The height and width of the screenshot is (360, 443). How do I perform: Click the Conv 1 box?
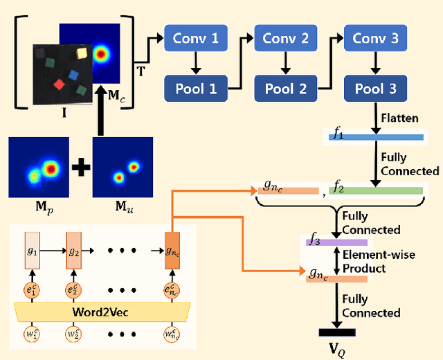[195, 39]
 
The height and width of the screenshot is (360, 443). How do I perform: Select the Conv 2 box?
[285, 39]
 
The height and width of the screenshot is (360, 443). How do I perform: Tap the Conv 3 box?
[375, 39]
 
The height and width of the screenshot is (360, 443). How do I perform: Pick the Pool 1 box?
[195, 89]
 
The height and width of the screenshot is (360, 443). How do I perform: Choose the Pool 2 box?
[285, 89]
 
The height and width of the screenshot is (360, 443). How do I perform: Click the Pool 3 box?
[375, 89]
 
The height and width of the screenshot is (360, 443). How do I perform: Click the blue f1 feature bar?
[375, 136]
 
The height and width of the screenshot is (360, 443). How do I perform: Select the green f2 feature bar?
[375, 190]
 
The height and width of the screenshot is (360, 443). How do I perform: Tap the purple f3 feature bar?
[336, 242]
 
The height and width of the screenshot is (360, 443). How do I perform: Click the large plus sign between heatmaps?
[82, 168]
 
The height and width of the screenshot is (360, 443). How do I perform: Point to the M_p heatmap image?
[39, 168]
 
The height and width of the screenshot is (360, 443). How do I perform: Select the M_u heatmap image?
[123, 168]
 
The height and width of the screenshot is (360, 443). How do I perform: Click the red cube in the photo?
[59, 85]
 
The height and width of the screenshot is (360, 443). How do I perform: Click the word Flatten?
[399, 118]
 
